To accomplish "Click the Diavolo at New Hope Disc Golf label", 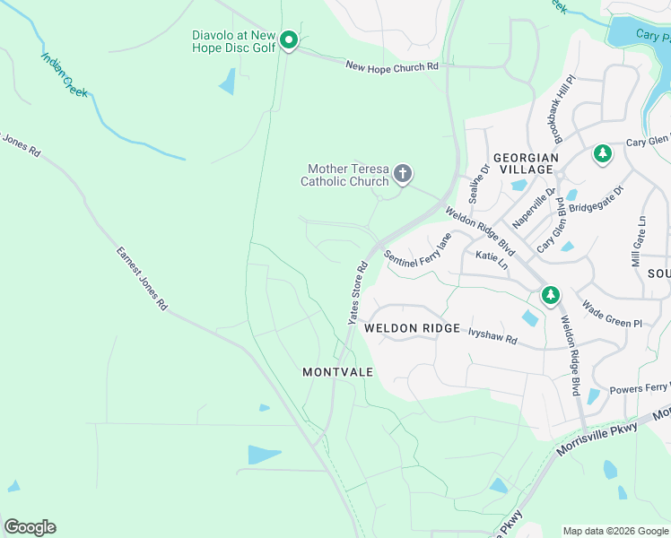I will pos(233,41).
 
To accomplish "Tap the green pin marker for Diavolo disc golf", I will pos(288,40).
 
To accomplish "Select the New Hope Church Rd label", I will pos(392,65).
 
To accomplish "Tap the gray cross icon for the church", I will pos(403,173).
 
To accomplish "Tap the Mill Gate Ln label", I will pos(638,240).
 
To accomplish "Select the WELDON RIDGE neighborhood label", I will pos(412,328).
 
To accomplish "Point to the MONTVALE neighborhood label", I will pos(337,371).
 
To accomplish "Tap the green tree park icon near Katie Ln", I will pos(550,294).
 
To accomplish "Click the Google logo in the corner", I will pos(30,526).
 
